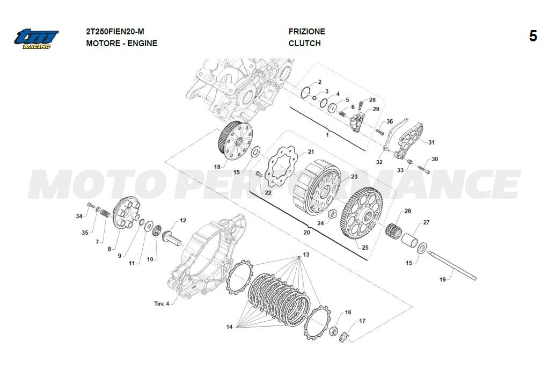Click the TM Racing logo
coord(36,39)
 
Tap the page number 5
coord(533,36)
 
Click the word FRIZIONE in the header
coord(307,32)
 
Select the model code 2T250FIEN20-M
coord(115,32)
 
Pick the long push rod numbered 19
coord(452,266)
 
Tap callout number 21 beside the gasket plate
coord(311,151)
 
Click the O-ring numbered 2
coord(305,92)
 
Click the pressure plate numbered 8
coord(127,212)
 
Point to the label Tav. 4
coord(162,303)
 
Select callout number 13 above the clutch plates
coord(306,255)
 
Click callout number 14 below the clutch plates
coord(229,327)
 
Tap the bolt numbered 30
coord(423,170)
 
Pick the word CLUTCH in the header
coord(305,44)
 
